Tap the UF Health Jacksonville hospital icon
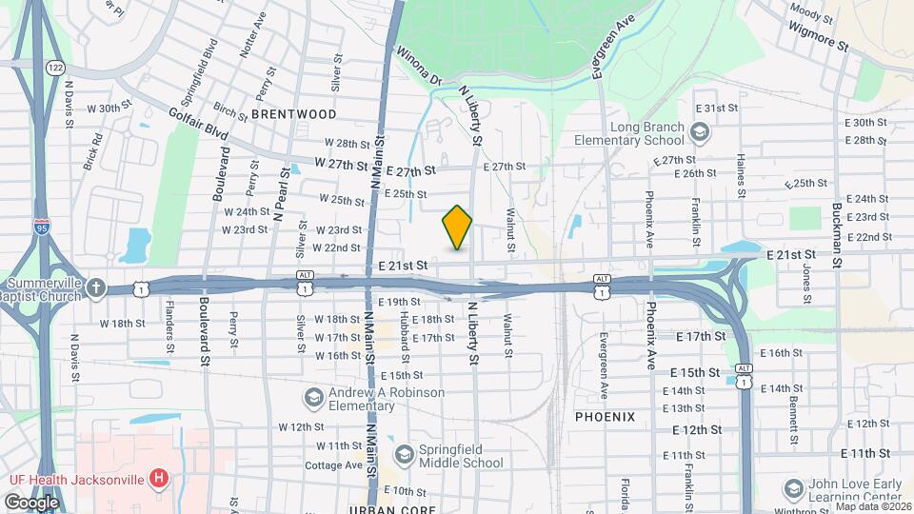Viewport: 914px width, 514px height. [x=159, y=477]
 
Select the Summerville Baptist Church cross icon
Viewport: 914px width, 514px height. [x=96, y=287]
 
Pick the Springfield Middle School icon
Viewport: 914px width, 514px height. [x=404, y=455]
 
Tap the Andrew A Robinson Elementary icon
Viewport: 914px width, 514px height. [x=312, y=396]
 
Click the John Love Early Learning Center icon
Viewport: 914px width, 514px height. [x=792, y=489]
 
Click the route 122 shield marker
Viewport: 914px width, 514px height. [x=55, y=68]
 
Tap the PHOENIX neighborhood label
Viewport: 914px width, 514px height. [x=605, y=417]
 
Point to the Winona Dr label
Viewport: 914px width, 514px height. [x=419, y=66]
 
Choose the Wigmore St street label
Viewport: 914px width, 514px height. [x=818, y=36]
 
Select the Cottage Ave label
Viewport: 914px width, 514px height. [x=333, y=465]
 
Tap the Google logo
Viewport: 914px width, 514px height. [x=31, y=502]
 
